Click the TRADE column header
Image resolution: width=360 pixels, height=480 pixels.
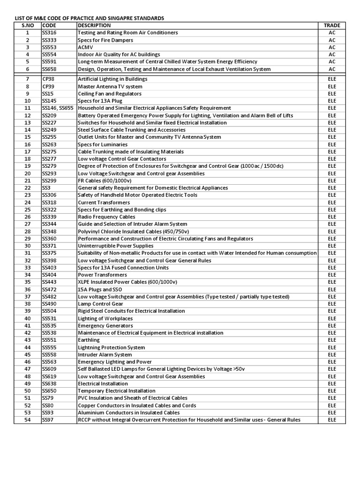pyautogui.click(x=332, y=25)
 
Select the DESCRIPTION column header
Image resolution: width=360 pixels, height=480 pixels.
pyautogui.click(x=95, y=25)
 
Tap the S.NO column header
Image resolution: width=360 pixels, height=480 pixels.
pyautogui.click(x=28, y=25)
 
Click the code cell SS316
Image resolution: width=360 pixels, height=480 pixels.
pyautogui.click(x=49, y=33)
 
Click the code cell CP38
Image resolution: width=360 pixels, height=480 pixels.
pyautogui.click(x=49, y=79)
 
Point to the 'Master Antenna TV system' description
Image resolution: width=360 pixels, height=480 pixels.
pyautogui.click(x=110, y=87)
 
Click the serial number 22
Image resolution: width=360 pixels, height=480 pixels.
pyautogui.click(x=28, y=188)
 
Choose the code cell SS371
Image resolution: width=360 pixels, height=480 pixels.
pyautogui.click(x=49, y=246)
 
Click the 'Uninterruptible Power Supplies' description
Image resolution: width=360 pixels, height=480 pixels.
pyautogui.click(x=115, y=246)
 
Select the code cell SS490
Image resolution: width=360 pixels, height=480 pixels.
pyautogui.click(x=49, y=304)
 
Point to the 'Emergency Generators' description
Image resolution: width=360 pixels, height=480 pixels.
pyautogui.click(x=105, y=326)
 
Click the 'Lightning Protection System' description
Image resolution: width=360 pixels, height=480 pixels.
pyautogui.click(x=112, y=348)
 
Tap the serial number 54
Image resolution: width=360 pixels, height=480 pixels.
pyautogui.click(x=28, y=420)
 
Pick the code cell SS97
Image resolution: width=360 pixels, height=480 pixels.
pyautogui.click(x=47, y=420)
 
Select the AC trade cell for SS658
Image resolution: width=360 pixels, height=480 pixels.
pyautogui.click(x=332, y=69)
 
